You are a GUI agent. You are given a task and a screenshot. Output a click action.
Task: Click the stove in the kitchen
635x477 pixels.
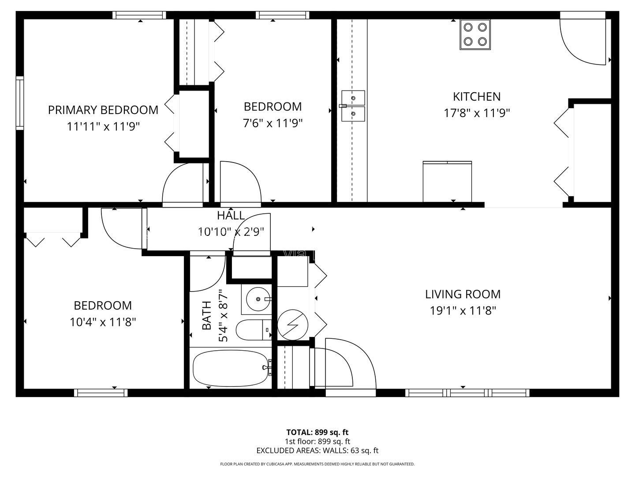tap(475, 34)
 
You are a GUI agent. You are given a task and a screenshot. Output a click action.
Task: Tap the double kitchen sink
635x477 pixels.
tap(353, 106)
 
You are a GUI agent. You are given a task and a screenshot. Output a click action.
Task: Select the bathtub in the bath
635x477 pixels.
tap(231, 368)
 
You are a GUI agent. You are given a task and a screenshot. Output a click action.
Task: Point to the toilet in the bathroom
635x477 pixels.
tap(254, 330)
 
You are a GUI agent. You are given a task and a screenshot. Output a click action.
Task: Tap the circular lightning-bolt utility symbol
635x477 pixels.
tap(292, 325)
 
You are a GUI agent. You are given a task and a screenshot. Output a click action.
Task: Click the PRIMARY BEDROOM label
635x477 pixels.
tap(103, 110)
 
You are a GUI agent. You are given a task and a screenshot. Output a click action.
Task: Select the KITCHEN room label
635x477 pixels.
tap(476, 97)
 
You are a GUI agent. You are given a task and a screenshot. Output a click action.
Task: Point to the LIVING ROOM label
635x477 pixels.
tap(463, 294)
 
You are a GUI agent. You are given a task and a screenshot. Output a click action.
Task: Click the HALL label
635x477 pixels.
tap(231, 216)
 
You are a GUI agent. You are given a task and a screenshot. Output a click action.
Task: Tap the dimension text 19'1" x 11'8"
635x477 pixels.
tap(463, 311)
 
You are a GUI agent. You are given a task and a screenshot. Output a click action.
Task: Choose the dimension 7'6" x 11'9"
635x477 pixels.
tap(273, 123)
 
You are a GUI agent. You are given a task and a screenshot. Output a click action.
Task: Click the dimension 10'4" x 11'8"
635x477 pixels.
tap(103, 322)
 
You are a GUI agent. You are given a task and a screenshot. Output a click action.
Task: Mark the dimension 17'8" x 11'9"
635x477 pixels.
tap(476, 113)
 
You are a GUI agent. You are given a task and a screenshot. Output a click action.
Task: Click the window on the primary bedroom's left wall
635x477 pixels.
tap(20, 103)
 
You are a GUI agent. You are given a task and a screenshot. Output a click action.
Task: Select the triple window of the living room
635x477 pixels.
tap(467, 393)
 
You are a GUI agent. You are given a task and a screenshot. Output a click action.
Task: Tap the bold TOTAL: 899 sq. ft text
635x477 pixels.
tap(317, 432)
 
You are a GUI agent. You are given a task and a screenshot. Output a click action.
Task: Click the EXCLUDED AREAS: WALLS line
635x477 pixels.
tap(317, 450)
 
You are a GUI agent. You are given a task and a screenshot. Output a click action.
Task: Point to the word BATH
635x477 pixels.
tap(206, 315)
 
